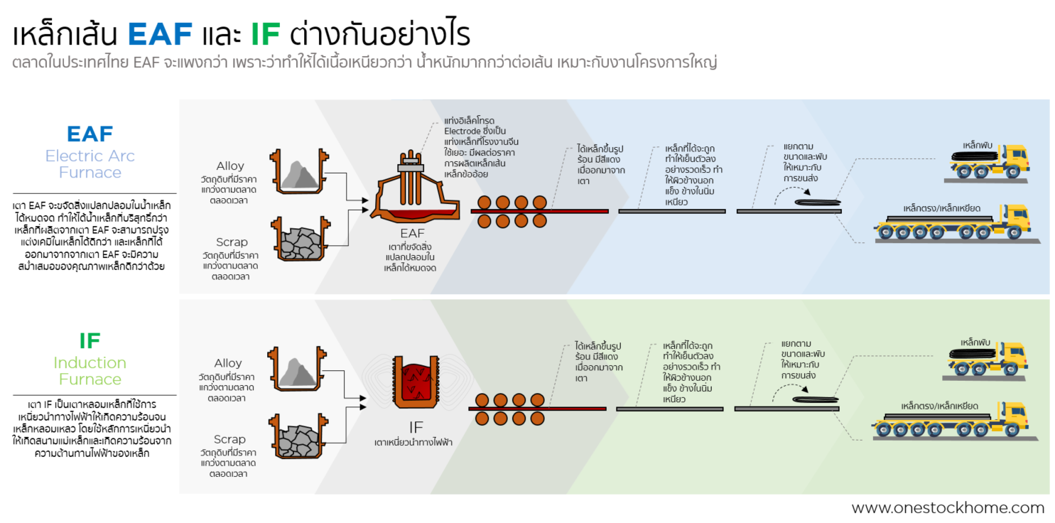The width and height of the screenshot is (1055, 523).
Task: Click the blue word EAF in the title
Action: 160,34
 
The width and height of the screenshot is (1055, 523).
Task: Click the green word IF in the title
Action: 264,34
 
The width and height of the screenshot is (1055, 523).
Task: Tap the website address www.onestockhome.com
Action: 948,508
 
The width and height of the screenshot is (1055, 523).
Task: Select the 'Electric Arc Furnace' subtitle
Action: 90,164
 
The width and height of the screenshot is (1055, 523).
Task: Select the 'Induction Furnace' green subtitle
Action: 90,370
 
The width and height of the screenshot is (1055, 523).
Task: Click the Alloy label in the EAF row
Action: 229,166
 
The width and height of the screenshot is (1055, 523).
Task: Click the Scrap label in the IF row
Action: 229,440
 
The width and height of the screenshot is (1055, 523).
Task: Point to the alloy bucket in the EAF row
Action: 297,173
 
